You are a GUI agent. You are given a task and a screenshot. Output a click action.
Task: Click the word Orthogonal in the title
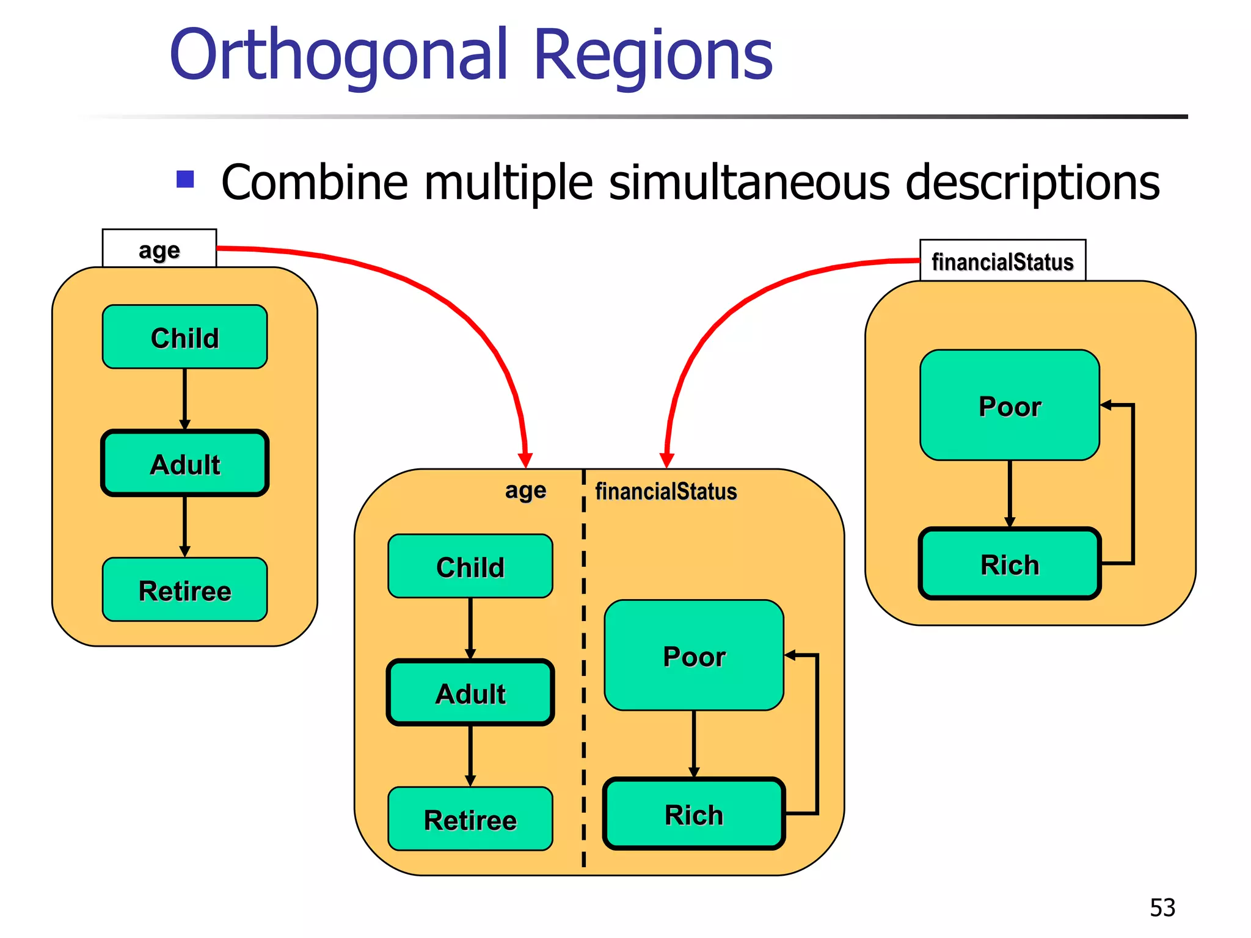pos(338,56)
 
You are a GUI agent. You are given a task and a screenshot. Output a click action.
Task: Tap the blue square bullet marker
pos(185,179)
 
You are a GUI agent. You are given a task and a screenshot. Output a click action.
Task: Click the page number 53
pos(1162,907)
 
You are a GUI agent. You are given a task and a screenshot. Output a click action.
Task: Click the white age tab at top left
pos(159,249)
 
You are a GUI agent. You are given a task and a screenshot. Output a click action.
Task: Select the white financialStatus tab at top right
pos(1002,261)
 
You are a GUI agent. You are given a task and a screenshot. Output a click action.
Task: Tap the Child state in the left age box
pos(184,337)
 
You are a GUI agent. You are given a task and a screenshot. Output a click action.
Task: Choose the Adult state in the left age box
pos(184,464)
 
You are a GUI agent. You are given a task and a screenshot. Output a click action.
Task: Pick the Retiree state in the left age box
pos(184,590)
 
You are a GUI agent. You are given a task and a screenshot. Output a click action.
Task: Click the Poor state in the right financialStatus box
pos(1009,405)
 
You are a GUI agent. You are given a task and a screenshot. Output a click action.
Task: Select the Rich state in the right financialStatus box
pos(1009,564)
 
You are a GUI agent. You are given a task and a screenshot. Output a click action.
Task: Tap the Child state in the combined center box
pos(470,567)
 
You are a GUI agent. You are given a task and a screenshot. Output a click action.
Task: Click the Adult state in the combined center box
pos(470,693)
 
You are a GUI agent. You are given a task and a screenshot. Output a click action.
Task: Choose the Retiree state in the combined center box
pos(470,819)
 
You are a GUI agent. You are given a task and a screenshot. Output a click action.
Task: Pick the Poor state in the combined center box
pos(694,656)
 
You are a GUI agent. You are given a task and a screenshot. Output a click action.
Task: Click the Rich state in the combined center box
pos(694,814)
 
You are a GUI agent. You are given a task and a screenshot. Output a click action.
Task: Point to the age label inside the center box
pos(525,490)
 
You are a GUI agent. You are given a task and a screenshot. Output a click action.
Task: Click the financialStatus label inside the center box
pos(666,491)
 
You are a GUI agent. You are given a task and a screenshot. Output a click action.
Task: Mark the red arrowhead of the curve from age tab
pos(525,460)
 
